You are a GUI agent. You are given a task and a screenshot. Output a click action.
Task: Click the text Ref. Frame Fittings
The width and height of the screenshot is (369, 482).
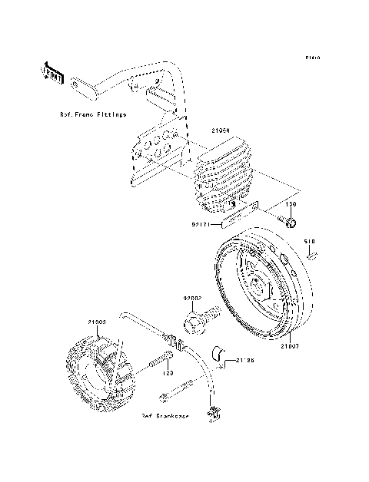click(93, 114)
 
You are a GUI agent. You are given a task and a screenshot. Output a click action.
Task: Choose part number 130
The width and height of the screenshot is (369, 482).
click(291, 206)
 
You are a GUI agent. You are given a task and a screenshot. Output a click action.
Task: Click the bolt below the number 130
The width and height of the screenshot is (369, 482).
click(289, 223)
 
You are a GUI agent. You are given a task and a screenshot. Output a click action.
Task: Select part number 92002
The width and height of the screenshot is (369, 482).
click(192, 297)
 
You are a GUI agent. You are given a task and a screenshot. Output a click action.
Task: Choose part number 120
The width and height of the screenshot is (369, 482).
click(165, 374)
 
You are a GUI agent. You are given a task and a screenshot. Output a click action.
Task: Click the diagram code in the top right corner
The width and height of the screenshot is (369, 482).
click(311, 58)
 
